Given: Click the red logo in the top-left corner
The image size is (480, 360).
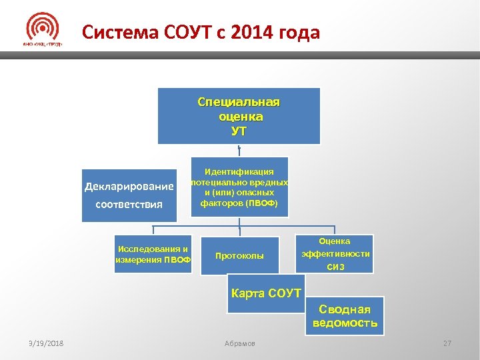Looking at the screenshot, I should click(42, 30).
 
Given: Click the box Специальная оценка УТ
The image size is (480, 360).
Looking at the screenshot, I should click(239, 116).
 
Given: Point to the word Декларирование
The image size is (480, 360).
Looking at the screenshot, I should click(129, 186).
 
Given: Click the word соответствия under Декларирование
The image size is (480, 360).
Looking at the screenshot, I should click(129, 204).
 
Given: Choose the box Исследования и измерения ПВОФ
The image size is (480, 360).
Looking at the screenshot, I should click(153, 254).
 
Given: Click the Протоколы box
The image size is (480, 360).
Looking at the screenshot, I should click(239, 255).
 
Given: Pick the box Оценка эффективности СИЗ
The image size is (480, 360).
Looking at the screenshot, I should click(335, 253).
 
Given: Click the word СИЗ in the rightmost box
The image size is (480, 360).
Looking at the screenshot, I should click(335, 267).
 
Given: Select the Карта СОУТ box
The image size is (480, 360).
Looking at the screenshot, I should click(265, 297).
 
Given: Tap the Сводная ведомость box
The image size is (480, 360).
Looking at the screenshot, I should click(345, 316).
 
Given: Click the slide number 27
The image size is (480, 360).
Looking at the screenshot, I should click(447, 343).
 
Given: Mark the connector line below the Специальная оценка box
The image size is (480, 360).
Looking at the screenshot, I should click(239, 151).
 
